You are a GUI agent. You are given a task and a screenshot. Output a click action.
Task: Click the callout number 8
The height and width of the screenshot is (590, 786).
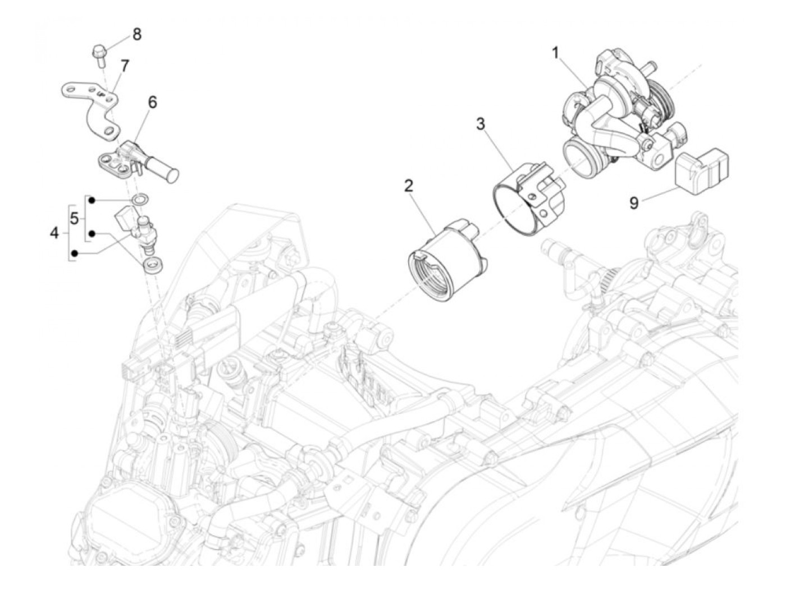pyautogui.click(x=137, y=34)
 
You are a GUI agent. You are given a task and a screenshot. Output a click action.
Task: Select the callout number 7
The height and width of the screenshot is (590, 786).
pyautogui.click(x=124, y=66)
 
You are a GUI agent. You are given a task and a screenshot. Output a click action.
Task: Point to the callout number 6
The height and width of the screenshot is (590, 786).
pyautogui.click(x=152, y=103)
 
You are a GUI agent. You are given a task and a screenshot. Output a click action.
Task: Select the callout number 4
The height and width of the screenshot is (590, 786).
pyautogui.click(x=54, y=232)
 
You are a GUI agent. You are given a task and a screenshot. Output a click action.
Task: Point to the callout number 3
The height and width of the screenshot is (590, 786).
pyautogui.click(x=480, y=124)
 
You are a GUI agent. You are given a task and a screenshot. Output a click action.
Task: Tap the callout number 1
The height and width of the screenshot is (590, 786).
pyautogui.click(x=556, y=54)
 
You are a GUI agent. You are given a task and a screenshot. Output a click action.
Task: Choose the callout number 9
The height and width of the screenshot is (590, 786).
pyautogui.click(x=634, y=202)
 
